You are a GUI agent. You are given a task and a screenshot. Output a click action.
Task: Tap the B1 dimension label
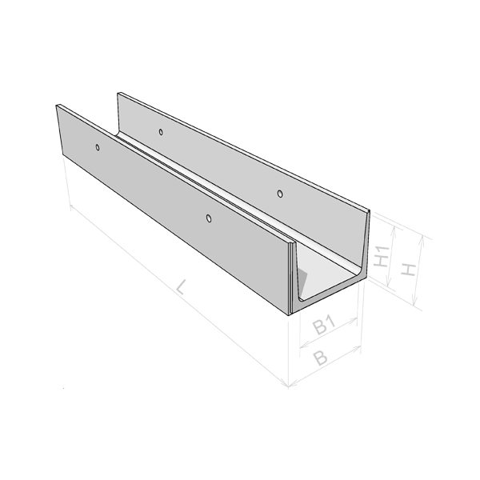pyautogui.click(x=324, y=326)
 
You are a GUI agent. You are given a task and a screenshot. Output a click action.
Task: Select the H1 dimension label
pyautogui.click(x=382, y=256)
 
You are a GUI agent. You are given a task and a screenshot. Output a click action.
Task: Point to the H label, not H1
pyautogui.click(x=408, y=270)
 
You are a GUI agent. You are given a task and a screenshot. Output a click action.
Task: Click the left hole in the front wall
pyautogui.click(x=98, y=147)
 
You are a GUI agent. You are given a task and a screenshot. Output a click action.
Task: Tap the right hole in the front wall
pyautogui.click(x=209, y=218)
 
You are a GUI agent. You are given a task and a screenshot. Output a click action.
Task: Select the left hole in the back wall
pyautogui.click(x=161, y=132)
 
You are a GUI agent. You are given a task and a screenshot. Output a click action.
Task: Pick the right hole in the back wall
pyautogui.click(x=280, y=194)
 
